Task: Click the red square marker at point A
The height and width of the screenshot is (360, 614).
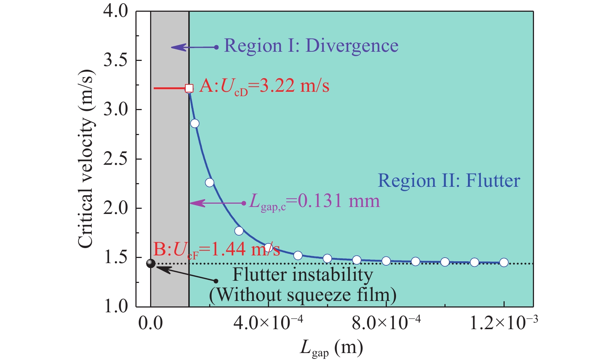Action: tap(189, 88)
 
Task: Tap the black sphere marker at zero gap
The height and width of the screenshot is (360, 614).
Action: tap(150, 263)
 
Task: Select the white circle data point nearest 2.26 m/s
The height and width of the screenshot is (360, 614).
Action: tap(210, 182)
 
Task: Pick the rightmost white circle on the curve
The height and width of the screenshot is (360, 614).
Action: tap(504, 262)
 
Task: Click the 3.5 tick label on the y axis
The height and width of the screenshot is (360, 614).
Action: tap(115, 60)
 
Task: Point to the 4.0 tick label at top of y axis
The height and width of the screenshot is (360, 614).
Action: tap(115, 11)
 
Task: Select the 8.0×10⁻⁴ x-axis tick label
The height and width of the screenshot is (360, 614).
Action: tap(386, 324)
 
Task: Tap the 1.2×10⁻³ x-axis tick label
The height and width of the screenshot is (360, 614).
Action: tap(504, 324)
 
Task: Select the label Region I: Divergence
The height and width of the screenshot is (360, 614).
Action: tap(311, 46)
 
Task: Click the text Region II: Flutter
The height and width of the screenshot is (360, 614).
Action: tap(449, 181)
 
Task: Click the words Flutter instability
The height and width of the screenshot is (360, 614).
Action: tap(303, 275)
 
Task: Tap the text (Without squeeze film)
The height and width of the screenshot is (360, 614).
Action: tap(303, 295)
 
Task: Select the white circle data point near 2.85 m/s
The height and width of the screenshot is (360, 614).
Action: tap(195, 123)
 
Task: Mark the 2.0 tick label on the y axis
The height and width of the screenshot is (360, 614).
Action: tap(115, 208)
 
